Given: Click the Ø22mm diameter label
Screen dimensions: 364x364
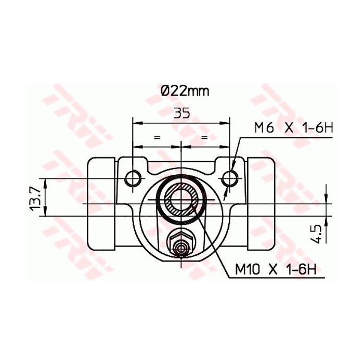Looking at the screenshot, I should pyautogui.click(x=185, y=91).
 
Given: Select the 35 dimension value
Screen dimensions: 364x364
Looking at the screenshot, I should pyautogui.click(x=181, y=113).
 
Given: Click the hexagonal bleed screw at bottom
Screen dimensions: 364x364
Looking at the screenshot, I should pyautogui.click(x=180, y=244).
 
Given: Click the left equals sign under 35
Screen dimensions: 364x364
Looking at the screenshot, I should pyautogui.click(x=157, y=137).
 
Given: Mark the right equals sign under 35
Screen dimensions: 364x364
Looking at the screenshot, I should pyautogui.click(x=204, y=137).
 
